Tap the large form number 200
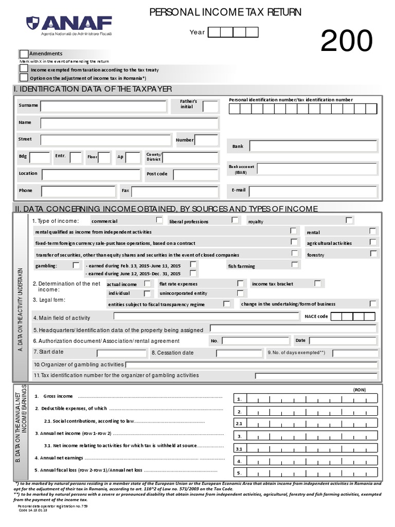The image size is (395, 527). tap(346, 41)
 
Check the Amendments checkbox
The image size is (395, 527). tap(24, 54)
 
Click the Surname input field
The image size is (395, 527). tap(103, 106)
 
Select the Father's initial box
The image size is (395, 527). tap(210, 107)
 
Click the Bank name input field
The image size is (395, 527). tap(313, 147)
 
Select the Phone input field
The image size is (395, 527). tap(78, 191)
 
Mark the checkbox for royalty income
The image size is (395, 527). tap(349, 220)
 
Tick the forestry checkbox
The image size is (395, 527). tap(373, 253)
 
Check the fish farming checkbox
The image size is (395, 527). tap(294, 265)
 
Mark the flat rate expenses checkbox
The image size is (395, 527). tap(240, 284)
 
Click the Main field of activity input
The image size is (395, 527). tap(206, 317)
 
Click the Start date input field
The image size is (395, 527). tap(121, 353)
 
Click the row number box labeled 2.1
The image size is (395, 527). tap(239, 424)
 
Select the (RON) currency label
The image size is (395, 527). tap(359, 390)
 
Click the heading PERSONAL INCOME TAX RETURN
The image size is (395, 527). tap(225, 12)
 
